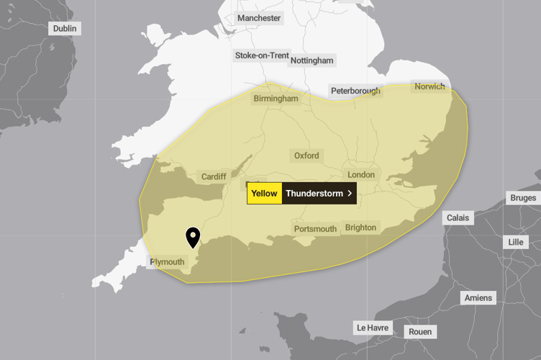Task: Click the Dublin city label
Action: [65, 28]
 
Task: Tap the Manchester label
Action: [260, 18]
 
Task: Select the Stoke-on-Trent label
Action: [262, 55]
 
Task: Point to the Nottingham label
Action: [312, 60]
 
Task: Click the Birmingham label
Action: [275, 98]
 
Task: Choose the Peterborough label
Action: [355, 91]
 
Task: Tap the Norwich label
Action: [429, 86]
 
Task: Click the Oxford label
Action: [306, 156]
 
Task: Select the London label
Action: [361, 175]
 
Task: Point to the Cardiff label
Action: [214, 176]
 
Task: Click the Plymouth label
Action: [167, 262]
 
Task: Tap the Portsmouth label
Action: [315, 229]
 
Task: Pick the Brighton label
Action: [360, 228]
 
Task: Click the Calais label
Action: [458, 217]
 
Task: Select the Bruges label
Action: [523, 198]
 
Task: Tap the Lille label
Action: [515, 242]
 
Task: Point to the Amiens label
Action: [478, 298]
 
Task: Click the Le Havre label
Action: [373, 328]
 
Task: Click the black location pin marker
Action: [193, 237]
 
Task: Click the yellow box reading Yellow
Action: [264, 193]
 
